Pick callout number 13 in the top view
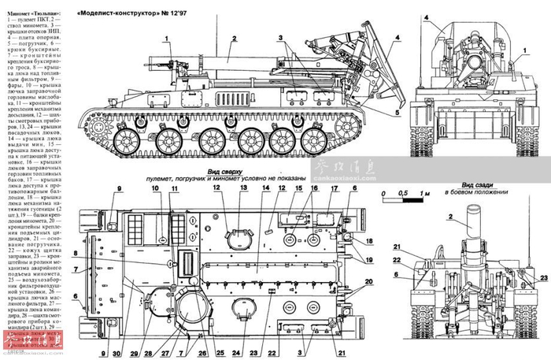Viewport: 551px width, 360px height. click(x=243, y=190)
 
